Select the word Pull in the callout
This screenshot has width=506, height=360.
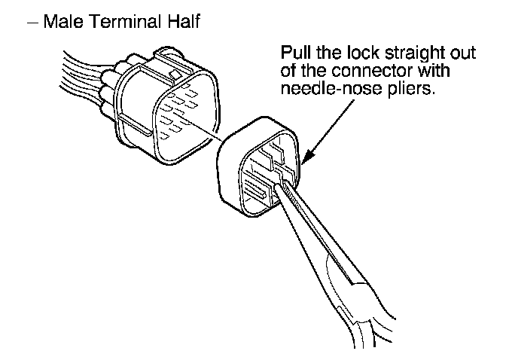tap(294, 55)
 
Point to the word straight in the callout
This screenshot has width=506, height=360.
tap(410, 56)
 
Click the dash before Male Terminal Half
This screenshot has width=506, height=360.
tap(34, 23)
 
